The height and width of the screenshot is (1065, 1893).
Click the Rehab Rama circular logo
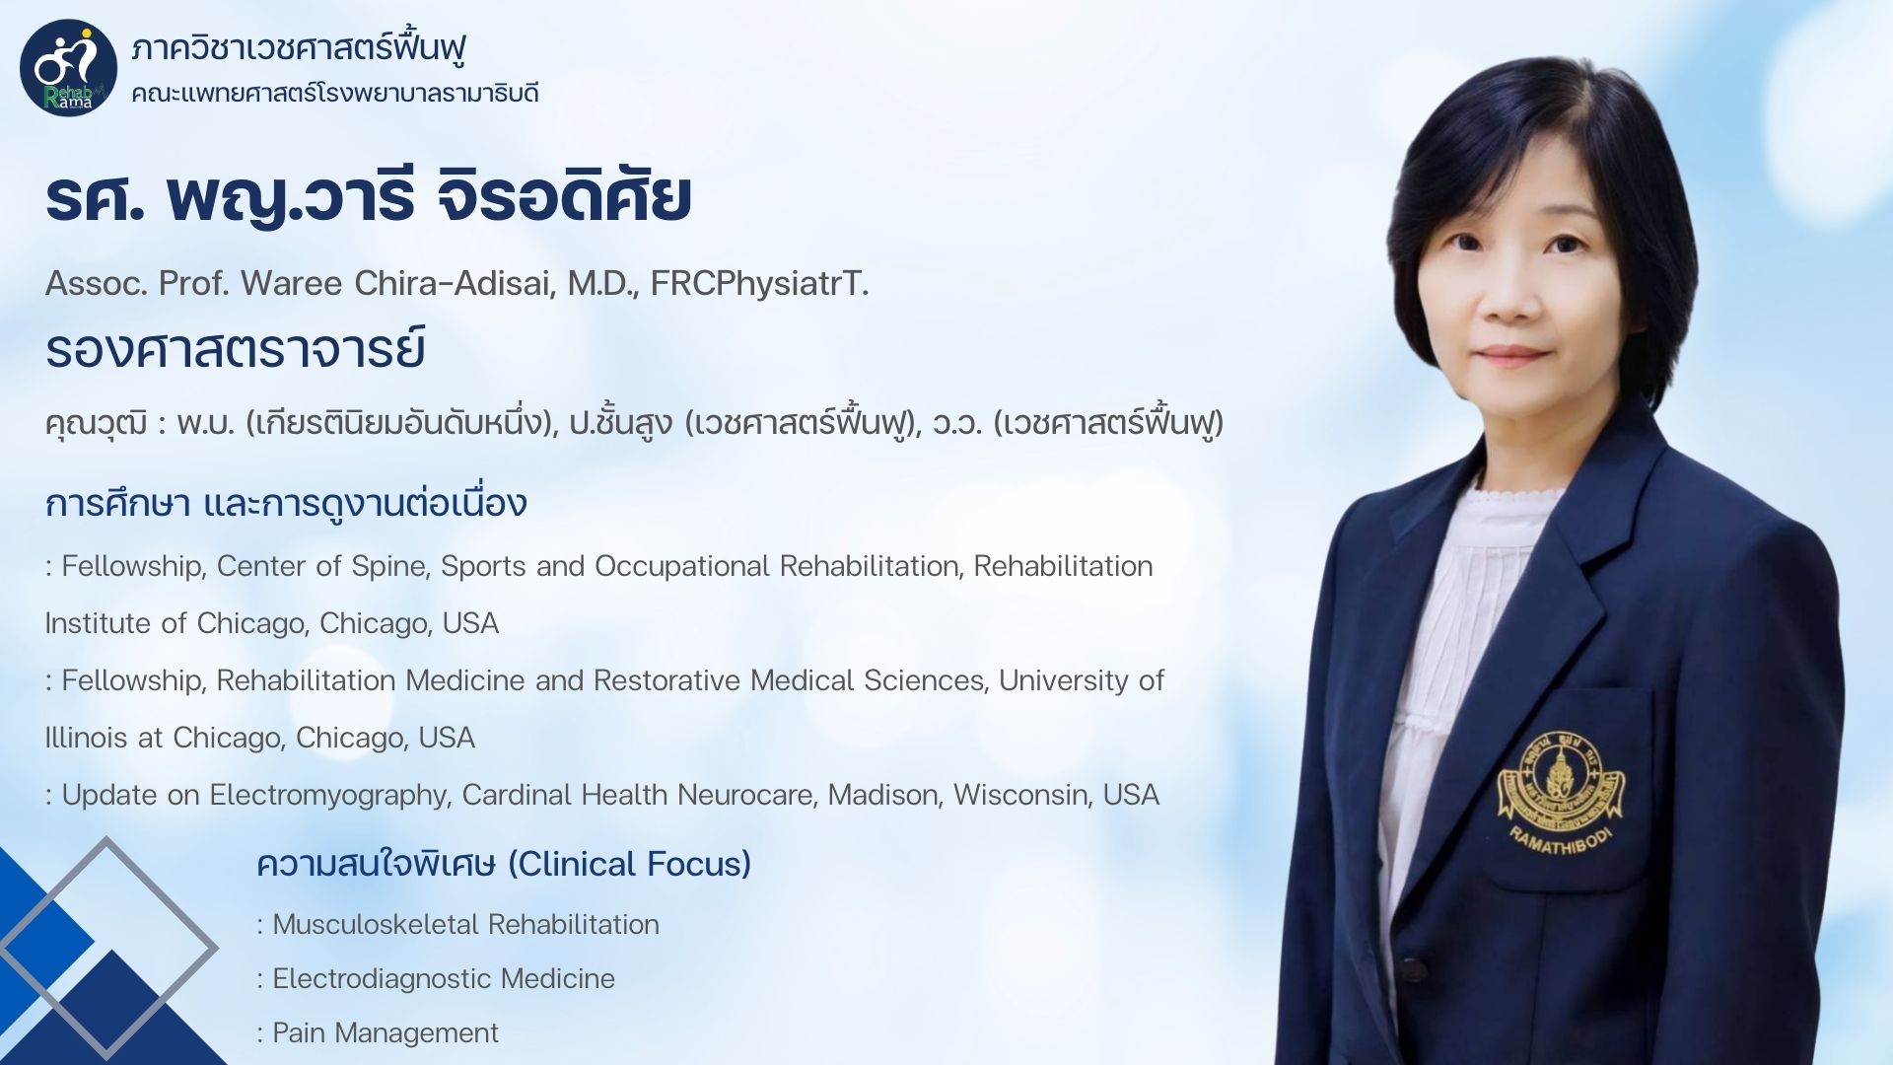pyautogui.click(x=68, y=68)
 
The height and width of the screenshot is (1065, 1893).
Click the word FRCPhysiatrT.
pyautogui.click(x=759, y=284)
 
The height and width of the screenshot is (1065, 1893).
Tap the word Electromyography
pyautogui.click(x=328, y=796)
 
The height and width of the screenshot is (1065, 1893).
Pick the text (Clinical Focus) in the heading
pyautogui.click(x=629, y=864)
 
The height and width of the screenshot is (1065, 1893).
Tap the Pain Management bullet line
pyautogui.click(x=378, y=1033)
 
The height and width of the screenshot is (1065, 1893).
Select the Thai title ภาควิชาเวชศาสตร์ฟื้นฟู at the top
pyautogui.click(x=299, y=46)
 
